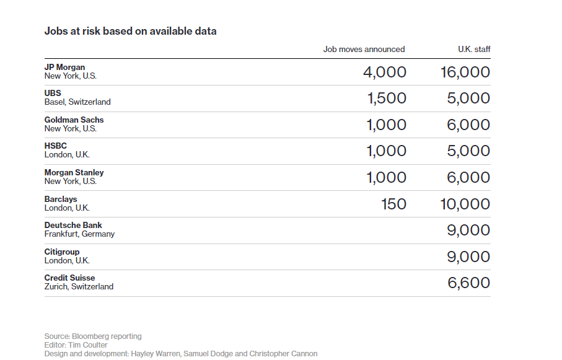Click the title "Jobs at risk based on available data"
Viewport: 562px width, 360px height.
pyautogui.click(x=131, y=31)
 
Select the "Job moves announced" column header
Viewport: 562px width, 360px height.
pyautogui.click(x=364, y=49)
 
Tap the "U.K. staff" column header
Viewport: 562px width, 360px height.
pyautogui.click(x=474, y=49)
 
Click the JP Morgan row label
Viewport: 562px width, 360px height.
pyautogui.click(x=64, y=67)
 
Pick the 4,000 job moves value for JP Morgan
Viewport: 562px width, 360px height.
pyautogui.click(x=385, y=72)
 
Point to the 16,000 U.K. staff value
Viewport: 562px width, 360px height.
pyautogui.click(x=465, y=72)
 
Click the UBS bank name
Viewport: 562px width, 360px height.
pyautogui.click(x=53, y=93)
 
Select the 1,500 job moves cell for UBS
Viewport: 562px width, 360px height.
pyautogui.click(x=387, y=99)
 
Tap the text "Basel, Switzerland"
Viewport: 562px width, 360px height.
pyautogui.click(x=77, y=102)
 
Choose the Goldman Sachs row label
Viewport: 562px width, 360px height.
pyautogui.click(x=74, y=120)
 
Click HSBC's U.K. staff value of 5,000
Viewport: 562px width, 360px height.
pyautogui.click(x=468, y=151)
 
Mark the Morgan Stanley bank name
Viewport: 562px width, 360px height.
pyautogui.click(x=74, y=172)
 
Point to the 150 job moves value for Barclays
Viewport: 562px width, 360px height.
pyautogui.click(x=393, y=204)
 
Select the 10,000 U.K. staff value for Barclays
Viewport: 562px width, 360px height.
pyautogui.click(x=465, y=204)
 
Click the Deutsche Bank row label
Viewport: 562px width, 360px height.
pyautogui.click(x=73, y=225)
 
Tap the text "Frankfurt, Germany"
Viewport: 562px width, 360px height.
pyautogui.click(x=79, y=234)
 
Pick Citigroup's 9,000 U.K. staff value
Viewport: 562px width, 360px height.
pyautogui.click(x=468, y=257)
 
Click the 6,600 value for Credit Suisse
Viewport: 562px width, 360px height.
pyautogui.click(x=469, y=283)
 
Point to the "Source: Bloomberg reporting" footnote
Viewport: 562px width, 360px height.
pyautogui.click(x=93, y=336)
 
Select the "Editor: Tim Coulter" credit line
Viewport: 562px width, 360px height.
pyautogui.click(x=76, y=345)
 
